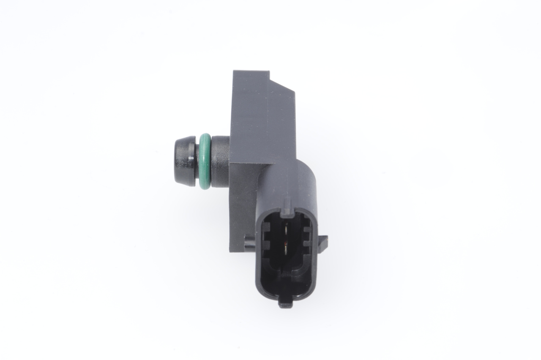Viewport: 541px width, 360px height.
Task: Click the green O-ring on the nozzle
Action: (205, 161)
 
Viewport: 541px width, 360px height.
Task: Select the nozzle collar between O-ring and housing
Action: (220, 161)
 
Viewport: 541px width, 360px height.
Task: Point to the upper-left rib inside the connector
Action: (267, 230)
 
